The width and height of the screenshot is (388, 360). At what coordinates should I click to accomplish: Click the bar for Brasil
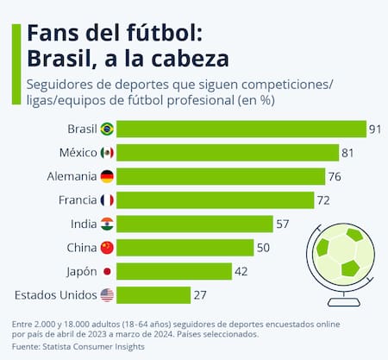pyautogui.click(x=241, y=129)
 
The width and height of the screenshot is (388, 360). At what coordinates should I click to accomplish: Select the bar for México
pyautogui.click(x=228, y=153)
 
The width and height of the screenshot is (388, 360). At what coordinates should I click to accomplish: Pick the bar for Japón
pyautogui.click(x=174, y=271)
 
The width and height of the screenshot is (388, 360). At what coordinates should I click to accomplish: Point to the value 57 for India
pyautogui.click(x=283, y=224)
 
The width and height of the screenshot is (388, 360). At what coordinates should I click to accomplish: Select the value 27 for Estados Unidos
pyautogui.click(x=200, y=295)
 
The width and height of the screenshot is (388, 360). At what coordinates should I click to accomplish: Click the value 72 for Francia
pyautogui.click(x=324, y=200)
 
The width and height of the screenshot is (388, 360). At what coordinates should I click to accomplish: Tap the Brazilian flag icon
pyautogui.click(x=107, y=129)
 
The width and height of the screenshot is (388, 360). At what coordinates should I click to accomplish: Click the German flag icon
pyautogui.click(x=107, y=176)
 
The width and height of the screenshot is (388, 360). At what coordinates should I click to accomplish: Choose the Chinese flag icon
pyautogui.click(x=107, y=248)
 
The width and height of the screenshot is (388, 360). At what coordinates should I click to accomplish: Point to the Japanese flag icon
pyautogui.click(x=107, y=271)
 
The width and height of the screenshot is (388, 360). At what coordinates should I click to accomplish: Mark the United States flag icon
pyautogui.click(x=107, y=295)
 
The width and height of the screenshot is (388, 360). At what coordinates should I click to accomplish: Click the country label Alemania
pyautogui.click(x=71, y=176)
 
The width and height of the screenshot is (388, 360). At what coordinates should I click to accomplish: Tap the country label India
pyautogui.click(x=83, y=224)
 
